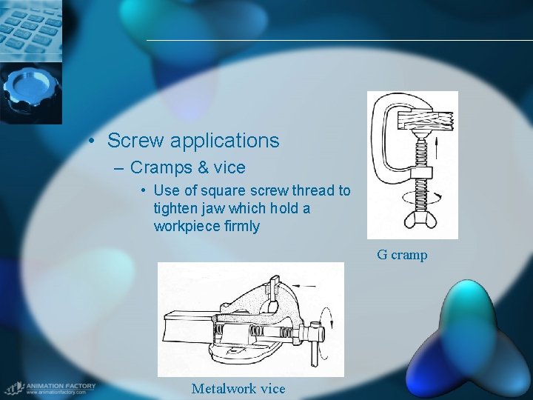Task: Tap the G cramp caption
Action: (402, 255)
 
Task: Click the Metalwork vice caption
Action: (238, 388)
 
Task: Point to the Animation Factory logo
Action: (49, 387)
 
